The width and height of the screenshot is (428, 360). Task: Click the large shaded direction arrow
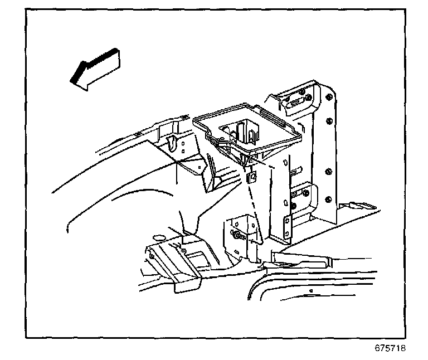[x=95, y=69]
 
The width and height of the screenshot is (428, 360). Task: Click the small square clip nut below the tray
[x=250, y=177]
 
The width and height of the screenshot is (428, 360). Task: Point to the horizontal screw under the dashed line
[x=239, y=236]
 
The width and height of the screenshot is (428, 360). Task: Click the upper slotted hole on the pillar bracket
[x=295, y=102]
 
